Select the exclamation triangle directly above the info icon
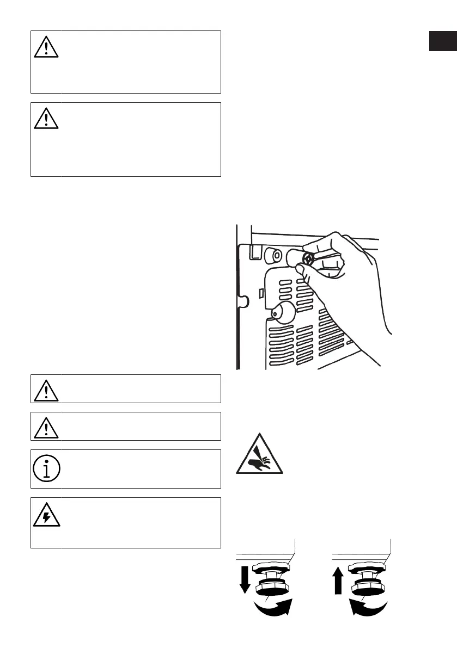[46, 427]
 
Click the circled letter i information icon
[46, 469]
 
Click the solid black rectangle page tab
[442, 41]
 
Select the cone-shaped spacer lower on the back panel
[281, 312]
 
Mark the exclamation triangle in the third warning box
[46, 390]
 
